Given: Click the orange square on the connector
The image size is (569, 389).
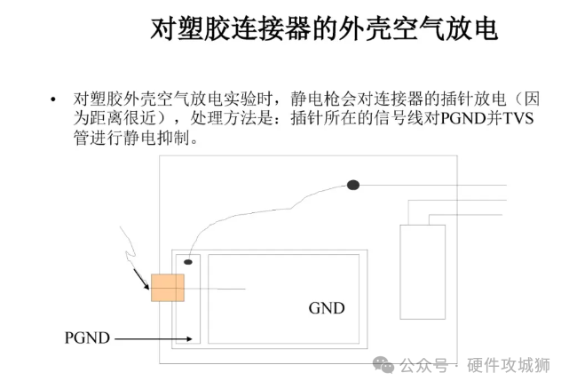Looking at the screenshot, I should [x=167, y=289].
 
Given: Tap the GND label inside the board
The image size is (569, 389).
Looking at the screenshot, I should [x=327, y=308].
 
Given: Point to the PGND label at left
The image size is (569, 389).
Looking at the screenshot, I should [x=87, y=337].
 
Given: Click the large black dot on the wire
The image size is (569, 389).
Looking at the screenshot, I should [x=352, y=185].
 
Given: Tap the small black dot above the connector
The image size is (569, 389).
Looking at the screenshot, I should [x=188, y=261].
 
